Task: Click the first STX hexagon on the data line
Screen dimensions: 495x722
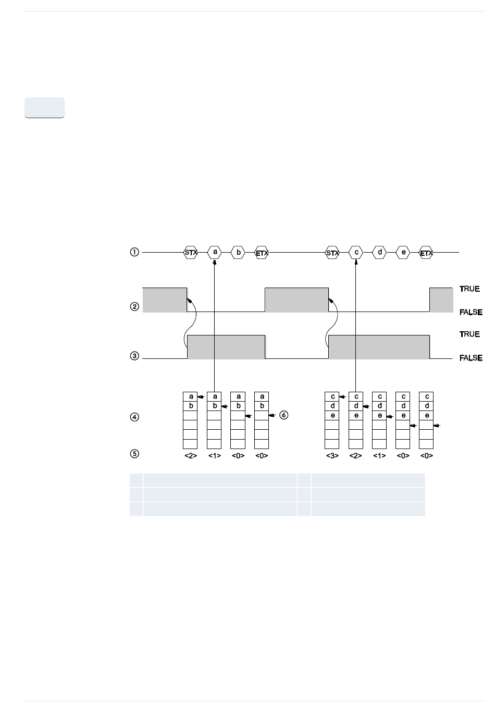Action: click(190, 252)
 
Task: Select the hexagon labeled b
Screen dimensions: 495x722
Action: click(238, 252)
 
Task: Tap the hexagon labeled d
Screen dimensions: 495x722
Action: click(379, 252)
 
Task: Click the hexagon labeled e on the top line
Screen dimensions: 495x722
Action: click(403, 252)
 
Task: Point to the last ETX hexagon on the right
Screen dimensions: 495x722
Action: click(426, 252)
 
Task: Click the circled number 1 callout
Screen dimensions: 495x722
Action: click(134, 252)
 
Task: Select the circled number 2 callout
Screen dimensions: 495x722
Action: click(134, 306)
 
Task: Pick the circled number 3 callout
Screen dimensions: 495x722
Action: click(134, 356)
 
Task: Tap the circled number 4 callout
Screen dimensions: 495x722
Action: click(134, 417)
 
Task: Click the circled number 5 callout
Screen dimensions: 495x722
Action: click(134, 454)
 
